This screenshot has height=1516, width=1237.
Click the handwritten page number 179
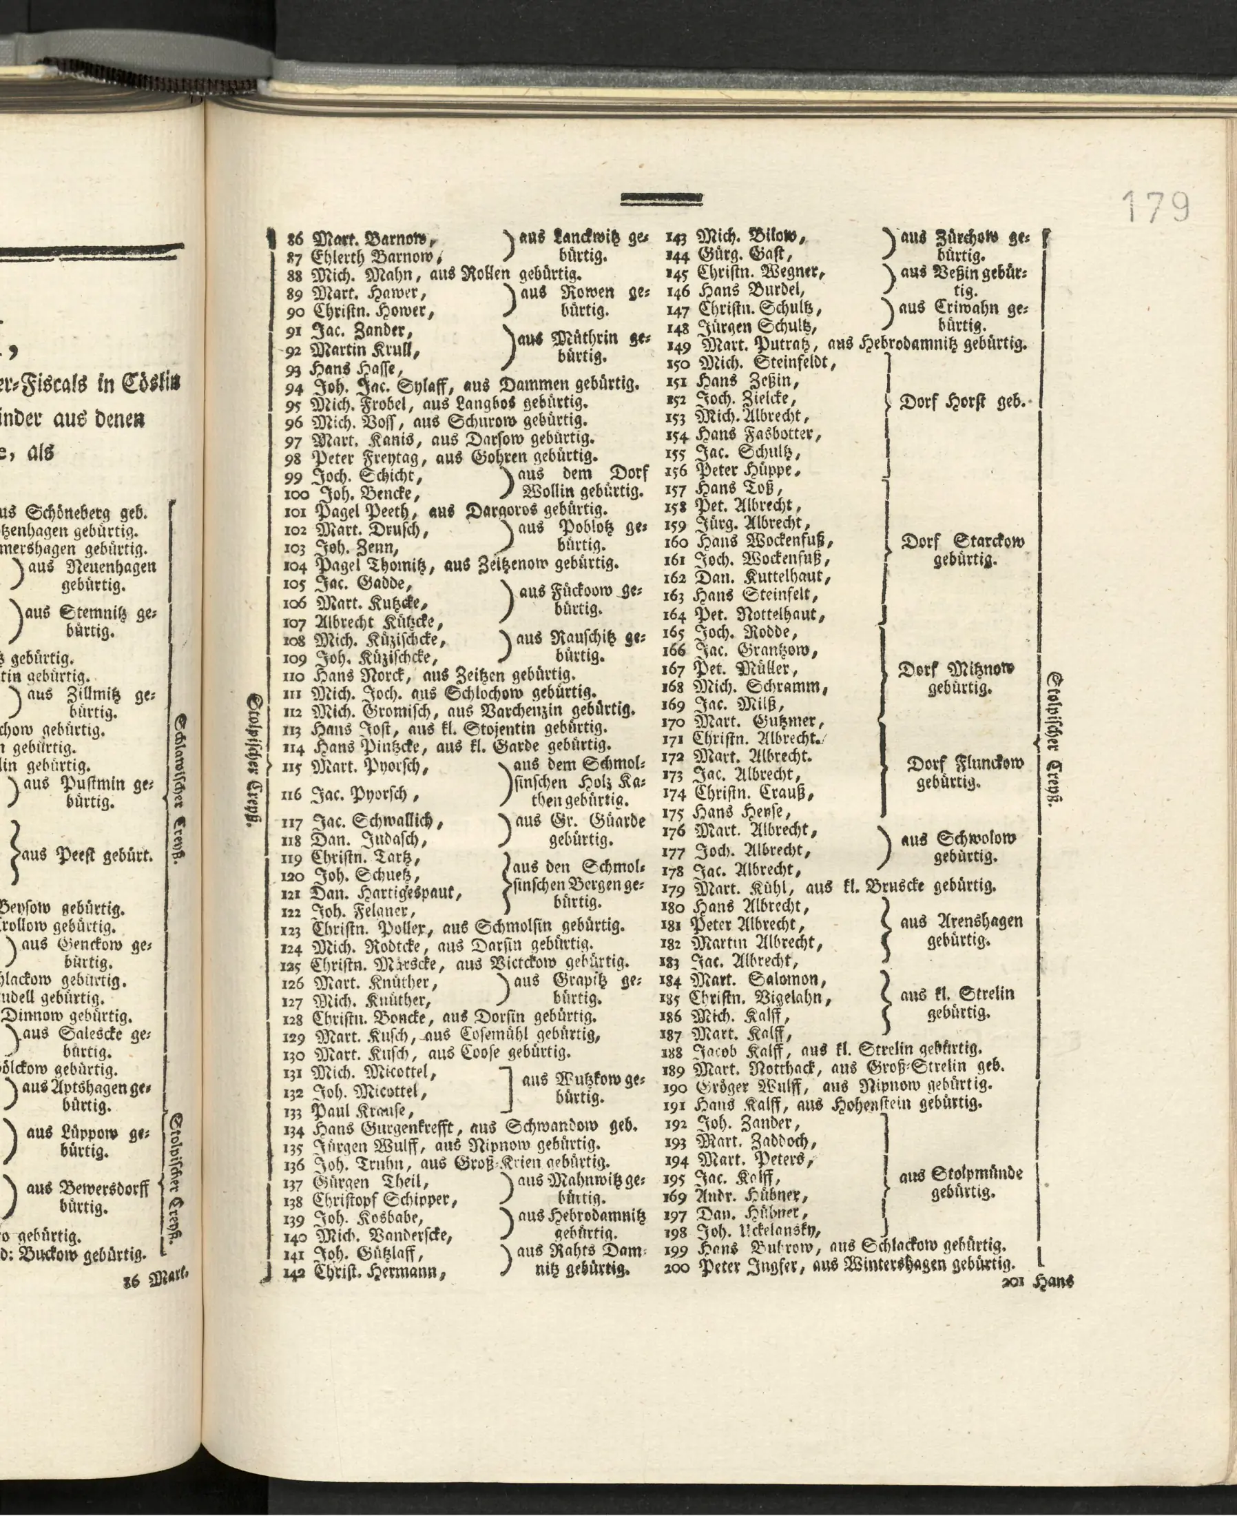tap(1156, 207)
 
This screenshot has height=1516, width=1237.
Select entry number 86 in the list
tap(294, 240)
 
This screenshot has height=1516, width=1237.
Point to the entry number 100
tap(296, 494)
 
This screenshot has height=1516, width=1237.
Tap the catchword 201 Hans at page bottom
tap(1037, 1282)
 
